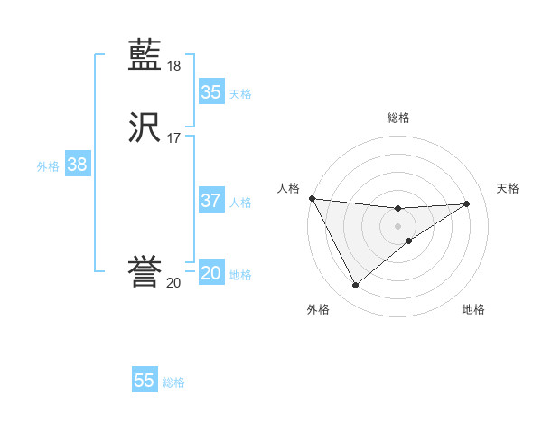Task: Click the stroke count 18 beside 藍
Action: pos(174,66)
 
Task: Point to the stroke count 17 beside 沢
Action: pos(174,137)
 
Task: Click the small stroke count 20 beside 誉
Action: pos(173,282)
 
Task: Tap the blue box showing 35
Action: pos(210,91)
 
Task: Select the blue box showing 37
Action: pos(210,201)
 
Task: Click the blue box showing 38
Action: pos(77,165)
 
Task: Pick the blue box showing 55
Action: pos(145,381)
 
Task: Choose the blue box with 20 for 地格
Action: pos(210,273)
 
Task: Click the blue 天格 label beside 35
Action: pos(240,93)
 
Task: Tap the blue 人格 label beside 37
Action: pos(240,203)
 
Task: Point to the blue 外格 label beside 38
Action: pos(48,166)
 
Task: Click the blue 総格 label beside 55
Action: pos(173,382)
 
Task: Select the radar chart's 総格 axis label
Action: pos(397,118)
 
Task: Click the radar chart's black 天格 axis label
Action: pos(509,188)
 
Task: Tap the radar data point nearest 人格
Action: pos(312,198)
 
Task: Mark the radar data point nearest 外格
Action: pos(355,286)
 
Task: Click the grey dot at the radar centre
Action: pos(397,225)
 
